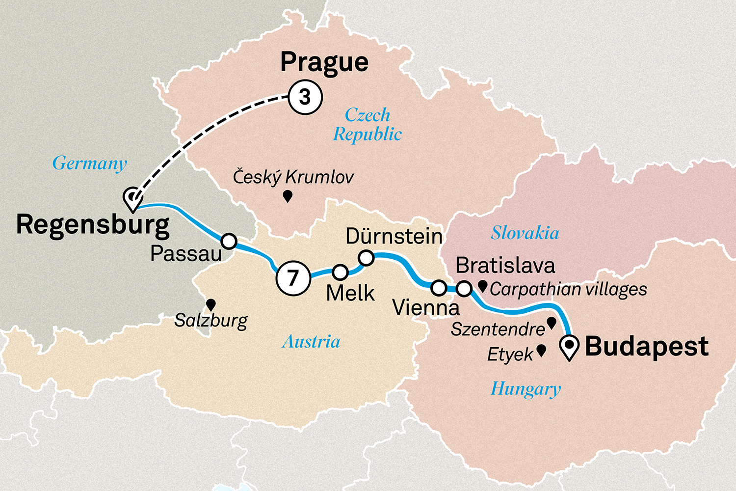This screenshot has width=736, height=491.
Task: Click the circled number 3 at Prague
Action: pyautogui.click(x=305, y=97)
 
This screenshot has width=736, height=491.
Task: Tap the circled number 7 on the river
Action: pyautogui.click(x=293, y=278)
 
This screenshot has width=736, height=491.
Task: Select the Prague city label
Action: pyautogui.click(x=324, y=62)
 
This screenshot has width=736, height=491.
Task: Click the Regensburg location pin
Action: pyautogui.click(x=132, y=199)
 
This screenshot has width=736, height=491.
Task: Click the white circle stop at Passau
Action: pyautogui.click(x=229, y=241)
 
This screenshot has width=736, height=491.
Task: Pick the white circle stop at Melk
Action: pyautogui.click(x=340, y=272)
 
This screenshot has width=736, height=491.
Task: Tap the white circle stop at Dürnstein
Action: pyautogui.click(x=366, y=257)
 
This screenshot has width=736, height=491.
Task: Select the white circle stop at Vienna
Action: pyautogui.click(x=439, y=287)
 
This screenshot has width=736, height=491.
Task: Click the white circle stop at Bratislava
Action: pyautogui.click(x=464, y=289)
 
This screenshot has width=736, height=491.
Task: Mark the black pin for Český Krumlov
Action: pyautogui.click(x=288, y=196)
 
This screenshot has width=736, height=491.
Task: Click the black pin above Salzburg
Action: pyautogui.click(x=211, y=304)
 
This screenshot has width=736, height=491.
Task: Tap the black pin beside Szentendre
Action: pyautogui.click(x=551, y=323)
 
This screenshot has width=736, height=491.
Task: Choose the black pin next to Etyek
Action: pyautogui.click(x=541, y=350)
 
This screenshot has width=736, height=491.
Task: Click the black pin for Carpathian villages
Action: pyautogui.click(x=483, y=286)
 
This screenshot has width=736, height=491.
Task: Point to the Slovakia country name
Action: pyautogui.click(x=525, y=233)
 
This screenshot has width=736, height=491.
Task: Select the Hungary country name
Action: pyautogui.click(x=526, y=389)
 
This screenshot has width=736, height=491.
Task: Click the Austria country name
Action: pyautogui.click(x=311, y=342)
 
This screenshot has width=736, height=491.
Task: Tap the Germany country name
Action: pyautogui.click(x=90, y=163)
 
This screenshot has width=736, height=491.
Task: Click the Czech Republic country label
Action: pyautogui.click(x=368, y=125)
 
